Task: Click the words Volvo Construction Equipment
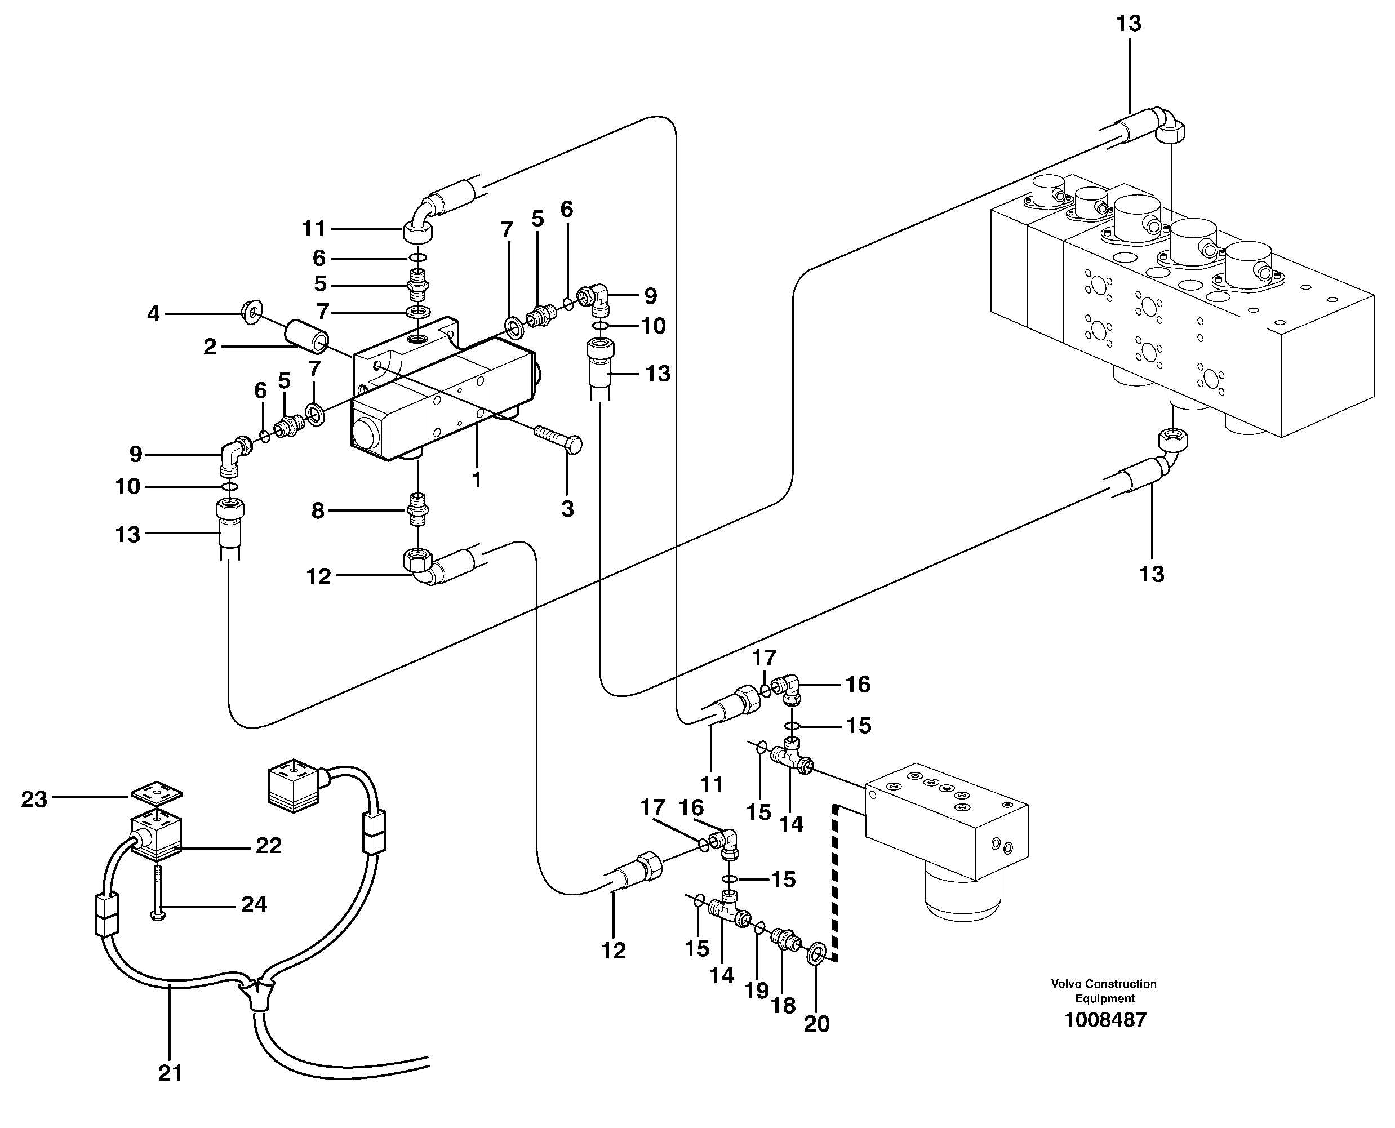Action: (x=1104, y=991)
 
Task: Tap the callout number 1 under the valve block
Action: (x=476, y=480)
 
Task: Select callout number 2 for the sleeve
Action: (x=209, y=347)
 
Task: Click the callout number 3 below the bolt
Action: (x=567, y=509)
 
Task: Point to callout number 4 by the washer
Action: (x=153, y=314)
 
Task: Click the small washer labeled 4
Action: (x=251, y=313)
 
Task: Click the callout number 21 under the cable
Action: (x=170, y=1073)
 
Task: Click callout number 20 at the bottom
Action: (x=817, y=1024)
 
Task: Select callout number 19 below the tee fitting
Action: (x=756, y=991)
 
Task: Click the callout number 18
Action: (x=783, y=1006)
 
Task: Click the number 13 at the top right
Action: (x=1129, y=24)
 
